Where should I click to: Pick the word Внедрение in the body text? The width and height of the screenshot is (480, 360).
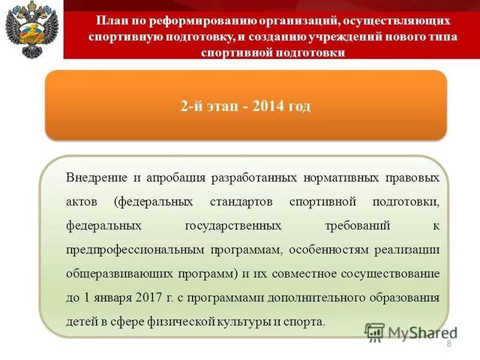click(x=97, y=178)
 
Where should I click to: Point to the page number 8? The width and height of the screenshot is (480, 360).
click(x=449, y=343)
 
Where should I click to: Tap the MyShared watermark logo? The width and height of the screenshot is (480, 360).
click(x=410, y=332)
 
